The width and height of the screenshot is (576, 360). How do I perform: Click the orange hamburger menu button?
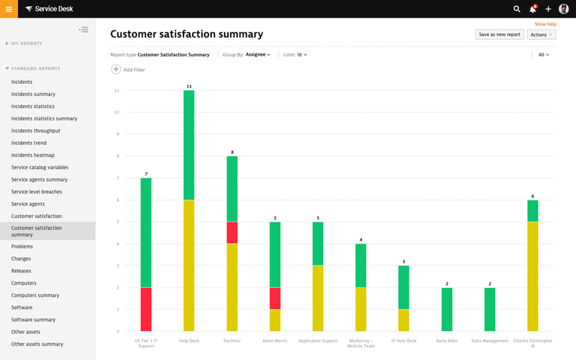point(8,8)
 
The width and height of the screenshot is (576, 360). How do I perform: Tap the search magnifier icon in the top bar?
point(517,9)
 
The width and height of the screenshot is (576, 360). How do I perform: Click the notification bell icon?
point(533,9)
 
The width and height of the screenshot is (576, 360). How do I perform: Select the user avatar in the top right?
point(563,9)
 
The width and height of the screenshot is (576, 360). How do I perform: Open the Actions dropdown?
point(541,35)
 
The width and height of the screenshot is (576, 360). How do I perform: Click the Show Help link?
point(545,24)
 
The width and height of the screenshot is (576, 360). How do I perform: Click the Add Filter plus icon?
point(116,69)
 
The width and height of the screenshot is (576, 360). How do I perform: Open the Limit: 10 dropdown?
point(295,54)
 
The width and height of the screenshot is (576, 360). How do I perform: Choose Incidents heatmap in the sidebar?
point(32,155)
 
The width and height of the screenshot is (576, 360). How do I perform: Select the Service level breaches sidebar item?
point(37,192)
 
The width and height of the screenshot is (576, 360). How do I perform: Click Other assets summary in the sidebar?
point(37,344)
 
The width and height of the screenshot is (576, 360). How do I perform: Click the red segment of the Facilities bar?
point(232,232)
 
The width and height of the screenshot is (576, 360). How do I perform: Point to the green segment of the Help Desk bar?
point(188,145)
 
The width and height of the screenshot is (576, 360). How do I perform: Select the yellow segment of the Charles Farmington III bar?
point(532,276)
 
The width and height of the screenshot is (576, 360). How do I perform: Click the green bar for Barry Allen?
point(447,309)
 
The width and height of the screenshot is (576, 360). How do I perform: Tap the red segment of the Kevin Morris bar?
point(275,298)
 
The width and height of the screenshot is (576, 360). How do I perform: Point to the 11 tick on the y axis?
point(116,90)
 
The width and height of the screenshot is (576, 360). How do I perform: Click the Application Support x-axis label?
point(318,341)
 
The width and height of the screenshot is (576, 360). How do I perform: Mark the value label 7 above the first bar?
point(146,174)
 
